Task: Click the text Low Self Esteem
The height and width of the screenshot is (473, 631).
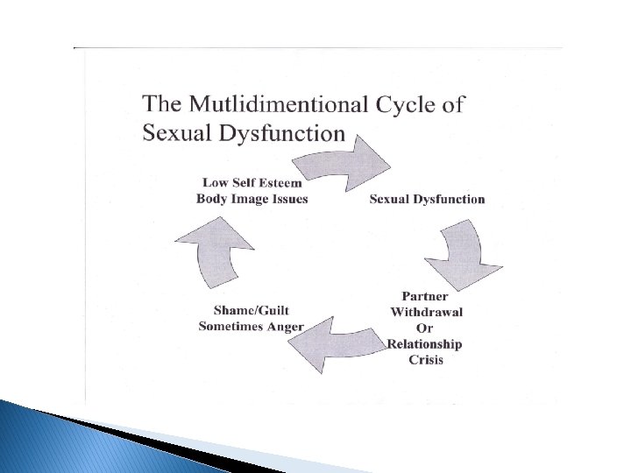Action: pos(252,182)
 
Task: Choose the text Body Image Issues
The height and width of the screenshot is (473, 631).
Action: pos(252,198)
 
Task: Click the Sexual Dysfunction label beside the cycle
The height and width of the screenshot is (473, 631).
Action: pos(427,199)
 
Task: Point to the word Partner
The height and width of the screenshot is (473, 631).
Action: pos(426,296)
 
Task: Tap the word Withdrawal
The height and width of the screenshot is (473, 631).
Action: pos(426,312)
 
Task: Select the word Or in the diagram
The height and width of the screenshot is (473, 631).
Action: pos(426,328)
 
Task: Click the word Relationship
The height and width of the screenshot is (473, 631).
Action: pos(425,343)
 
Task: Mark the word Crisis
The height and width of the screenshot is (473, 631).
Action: pos(426,359)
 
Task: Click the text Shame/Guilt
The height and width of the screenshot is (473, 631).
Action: pos(251,310)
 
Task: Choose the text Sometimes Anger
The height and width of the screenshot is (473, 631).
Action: pos(251,327)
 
